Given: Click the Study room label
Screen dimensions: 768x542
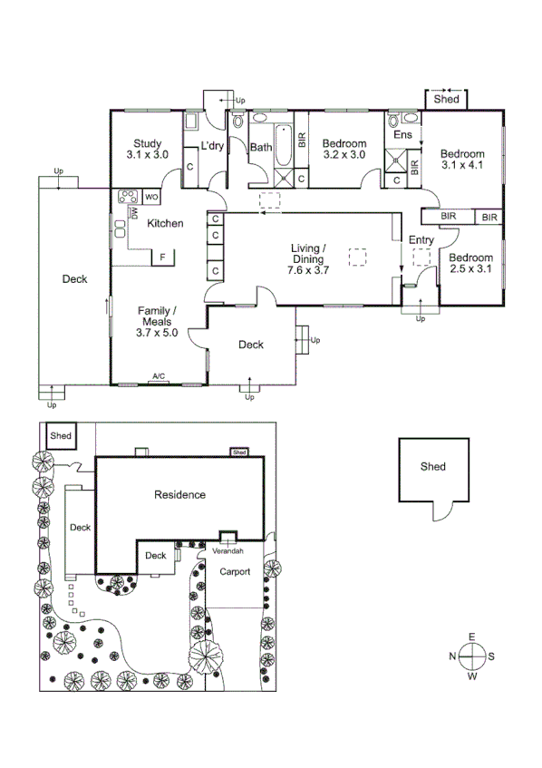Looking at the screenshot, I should coord(148,143).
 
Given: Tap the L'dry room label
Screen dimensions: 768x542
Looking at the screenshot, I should coord(212,147).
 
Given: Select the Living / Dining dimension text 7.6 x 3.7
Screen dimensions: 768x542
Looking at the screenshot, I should coord(308,269).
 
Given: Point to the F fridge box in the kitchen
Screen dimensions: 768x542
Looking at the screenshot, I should coord(163,258).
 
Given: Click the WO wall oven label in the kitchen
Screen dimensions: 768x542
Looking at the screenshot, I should coord(152,196).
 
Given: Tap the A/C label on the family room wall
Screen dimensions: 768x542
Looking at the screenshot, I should coord(159,375).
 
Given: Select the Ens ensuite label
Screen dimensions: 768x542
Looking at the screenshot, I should coord(403,135).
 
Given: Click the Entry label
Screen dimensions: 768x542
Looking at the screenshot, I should coord(421,240).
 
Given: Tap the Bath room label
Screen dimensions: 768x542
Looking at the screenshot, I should coord(261,147).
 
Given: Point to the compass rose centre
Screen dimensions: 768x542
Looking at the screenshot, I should coord(472,656).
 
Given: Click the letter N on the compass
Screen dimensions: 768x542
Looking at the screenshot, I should coord(453,656).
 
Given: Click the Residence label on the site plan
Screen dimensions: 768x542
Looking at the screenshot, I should coord(179,495).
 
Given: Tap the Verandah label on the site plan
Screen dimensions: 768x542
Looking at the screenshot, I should coord(227,550).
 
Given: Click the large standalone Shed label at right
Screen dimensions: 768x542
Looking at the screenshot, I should coord(432,467).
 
